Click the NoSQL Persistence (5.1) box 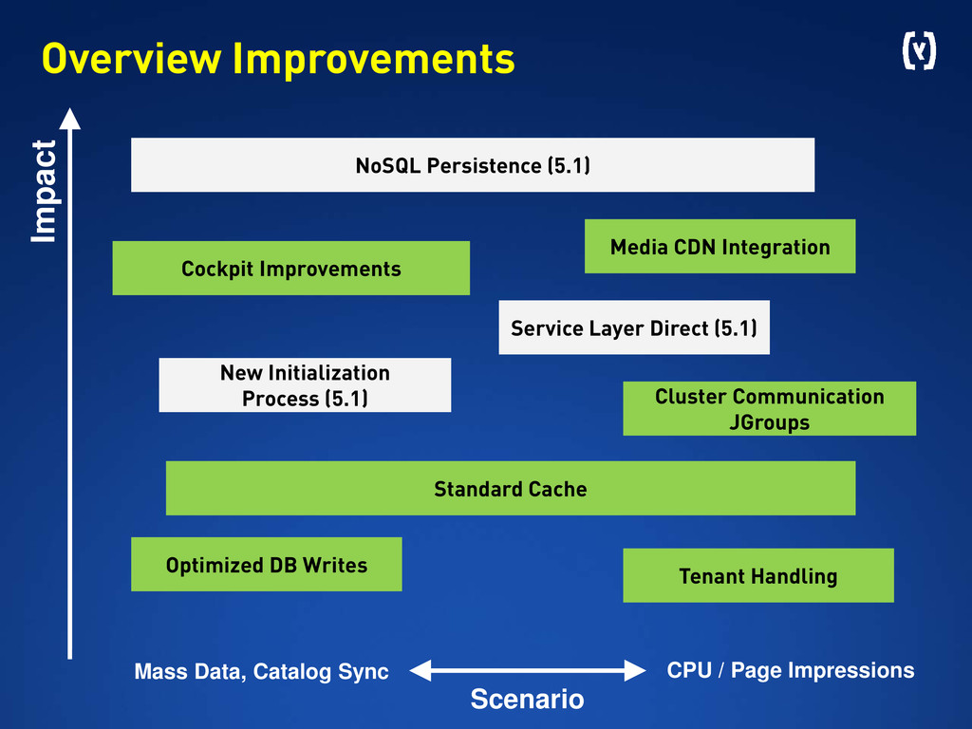pyautogui.click(x=473, y=165)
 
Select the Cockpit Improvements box pyautogui.click(x=291, y=268)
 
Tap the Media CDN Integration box pyautogui.click(x=720, y=246)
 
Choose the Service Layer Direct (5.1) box pyautogui.click(x=634, y=327)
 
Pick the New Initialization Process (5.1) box pyautogui.click(x=305, y=385)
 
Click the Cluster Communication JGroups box pyautogui.click(x=769, y=408)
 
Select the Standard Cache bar pyautogui.click(x=511, y=488)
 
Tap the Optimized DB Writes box pyautogui.click(x=267, y=564)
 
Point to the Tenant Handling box pyautogui.click(x=758, y=575)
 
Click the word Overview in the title pyautogui.click(x=131, y=59)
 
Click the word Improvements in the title pyautogui.click(x=374, y=60)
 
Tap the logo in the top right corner pyautogui.click(x=919, y=51)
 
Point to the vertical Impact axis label pyautogui.click(x=44, y=192)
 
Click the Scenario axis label pyautogui.click(x=527, y=700)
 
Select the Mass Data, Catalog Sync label pyautogui.click(x=262, y=671)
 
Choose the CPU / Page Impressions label pyautogui.click(x=791, y=670)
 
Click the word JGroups pyautogui.click(x=769, y=422)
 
